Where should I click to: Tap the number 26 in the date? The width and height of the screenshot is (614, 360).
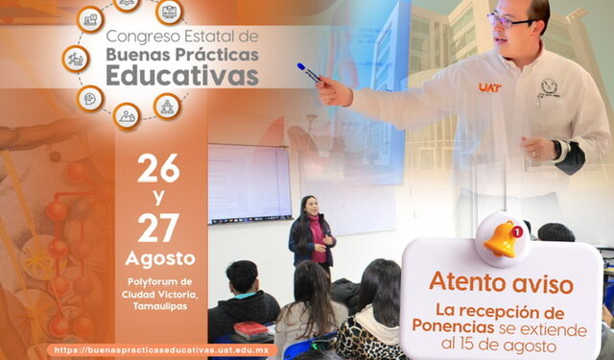[x=158, y=170]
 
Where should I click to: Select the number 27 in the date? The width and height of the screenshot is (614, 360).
[x=158, y=228]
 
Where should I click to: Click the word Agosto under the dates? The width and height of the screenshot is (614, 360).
[x=159, y=259]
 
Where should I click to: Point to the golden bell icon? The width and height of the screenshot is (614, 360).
[x=502, y=237]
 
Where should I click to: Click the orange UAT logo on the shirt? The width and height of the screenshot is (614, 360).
[x=489, y=87]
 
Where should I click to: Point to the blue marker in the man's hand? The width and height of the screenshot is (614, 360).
[x=309, y=72]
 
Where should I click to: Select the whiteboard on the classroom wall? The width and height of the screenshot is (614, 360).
[x=248, y=182]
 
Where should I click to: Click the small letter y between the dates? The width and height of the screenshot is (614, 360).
[x=158, y=199]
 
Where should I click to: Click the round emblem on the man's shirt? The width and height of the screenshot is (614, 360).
[x=549, y=87]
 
